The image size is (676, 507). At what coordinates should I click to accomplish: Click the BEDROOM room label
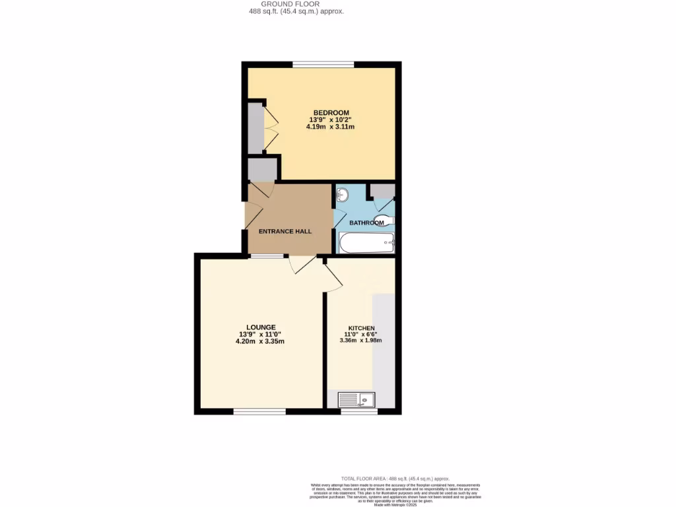coord(331,112)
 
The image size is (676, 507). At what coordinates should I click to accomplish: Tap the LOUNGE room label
coord(261,327)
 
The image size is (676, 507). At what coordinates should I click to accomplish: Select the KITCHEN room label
coord(361,328)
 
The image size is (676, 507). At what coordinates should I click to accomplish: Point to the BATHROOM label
coord(366,222)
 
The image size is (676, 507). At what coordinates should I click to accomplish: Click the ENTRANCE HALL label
coord(285,231)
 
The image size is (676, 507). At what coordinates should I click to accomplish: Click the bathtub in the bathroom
coord(366,243)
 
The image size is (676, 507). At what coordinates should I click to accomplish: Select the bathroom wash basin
coord(343,194)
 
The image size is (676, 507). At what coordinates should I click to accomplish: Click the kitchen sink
coord(356,399)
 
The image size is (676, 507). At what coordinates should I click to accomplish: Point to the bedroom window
coord(323,64)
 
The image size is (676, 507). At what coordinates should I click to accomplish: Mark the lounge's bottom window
coord(259,411)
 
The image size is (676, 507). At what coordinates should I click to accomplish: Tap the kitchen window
coord(359,411)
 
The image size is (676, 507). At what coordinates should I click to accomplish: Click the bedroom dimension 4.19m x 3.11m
coord(331,127)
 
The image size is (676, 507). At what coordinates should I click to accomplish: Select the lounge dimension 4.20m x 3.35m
coord(260,341)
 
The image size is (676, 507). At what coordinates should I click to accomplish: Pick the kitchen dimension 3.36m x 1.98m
coord(360,341)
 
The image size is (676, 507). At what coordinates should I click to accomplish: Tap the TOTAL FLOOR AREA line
coord(395,478)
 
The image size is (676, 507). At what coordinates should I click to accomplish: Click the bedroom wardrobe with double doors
coord(256,127)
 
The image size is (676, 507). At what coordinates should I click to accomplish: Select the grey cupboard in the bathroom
coord(382,191)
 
